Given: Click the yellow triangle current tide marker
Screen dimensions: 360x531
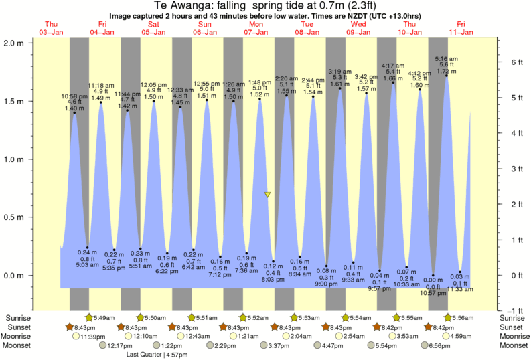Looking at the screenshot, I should pyautogui.click(x=267, y=195).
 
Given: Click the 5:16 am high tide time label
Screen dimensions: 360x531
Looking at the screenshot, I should pyautogui.click(x=446, y=58).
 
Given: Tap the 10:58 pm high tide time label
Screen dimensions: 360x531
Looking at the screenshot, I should pyautogui.click(x=75, y=96).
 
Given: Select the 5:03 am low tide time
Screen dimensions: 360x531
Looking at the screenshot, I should pyautogui.click(x=88, y=265).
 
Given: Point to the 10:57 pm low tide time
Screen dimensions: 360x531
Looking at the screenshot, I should pyautogui.click(x=433, y=293).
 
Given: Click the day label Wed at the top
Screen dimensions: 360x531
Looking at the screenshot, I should pyautogui.click(x=358, y=24).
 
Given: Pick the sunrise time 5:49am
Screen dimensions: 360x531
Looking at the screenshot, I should pyautogui.click(x=104, y=317).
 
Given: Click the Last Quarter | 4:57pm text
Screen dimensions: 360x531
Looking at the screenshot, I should pyautogui.click(x=159, y=355).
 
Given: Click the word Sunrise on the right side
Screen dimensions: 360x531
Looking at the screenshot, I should pyautogui.click(x=513, y=317).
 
